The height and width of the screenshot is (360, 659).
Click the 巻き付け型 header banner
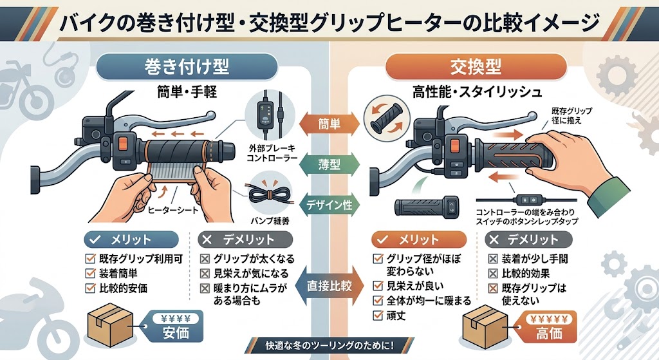coord(187,66)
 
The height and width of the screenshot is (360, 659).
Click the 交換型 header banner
coord(476,66)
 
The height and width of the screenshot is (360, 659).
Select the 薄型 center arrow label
coord(329,164)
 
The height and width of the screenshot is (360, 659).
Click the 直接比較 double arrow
coord(329,283)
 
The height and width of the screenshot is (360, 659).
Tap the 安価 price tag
coord(172,325)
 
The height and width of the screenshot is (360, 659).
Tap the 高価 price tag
coord(548,327)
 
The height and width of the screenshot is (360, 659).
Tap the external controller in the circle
coord(265,113)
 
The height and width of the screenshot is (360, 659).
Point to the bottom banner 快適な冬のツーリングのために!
coord(329,345)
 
